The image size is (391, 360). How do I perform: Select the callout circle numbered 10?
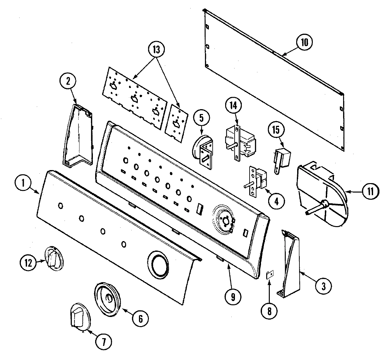304,43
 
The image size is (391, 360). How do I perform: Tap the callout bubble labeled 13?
156,50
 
